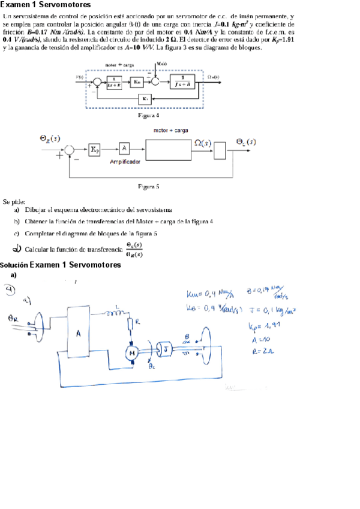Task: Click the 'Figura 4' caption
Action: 148,114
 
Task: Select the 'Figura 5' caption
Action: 148,187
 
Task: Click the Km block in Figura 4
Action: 137,81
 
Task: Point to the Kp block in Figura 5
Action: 95,149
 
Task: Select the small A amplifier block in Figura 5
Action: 123,148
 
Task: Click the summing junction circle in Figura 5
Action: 70,149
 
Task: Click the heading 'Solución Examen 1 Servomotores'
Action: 61,265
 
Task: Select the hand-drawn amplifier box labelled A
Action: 79,334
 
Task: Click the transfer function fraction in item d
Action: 134,249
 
